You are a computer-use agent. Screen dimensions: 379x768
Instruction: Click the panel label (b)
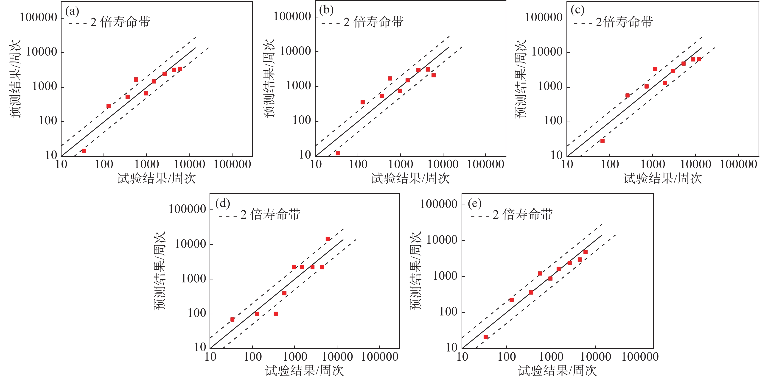[326, 10]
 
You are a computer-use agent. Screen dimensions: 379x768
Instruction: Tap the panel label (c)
[577, 10]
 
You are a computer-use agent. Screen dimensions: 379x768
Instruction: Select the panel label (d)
[223, 203]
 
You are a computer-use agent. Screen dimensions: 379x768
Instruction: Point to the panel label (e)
[475, 203]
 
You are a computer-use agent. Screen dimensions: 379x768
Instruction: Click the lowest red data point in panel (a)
[84, 151]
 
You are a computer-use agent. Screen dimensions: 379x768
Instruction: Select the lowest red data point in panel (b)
[338, 153]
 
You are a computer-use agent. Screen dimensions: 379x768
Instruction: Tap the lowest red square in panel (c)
[603, 141]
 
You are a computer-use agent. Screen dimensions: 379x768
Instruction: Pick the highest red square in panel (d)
[328, 239]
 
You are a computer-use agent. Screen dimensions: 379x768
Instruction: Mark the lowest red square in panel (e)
[486, 337]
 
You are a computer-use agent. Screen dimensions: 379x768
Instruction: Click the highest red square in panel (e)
[586, 252]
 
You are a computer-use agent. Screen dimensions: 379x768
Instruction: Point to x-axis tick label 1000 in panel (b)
[400, 164]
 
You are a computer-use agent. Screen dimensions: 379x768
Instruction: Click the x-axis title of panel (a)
[157, 178]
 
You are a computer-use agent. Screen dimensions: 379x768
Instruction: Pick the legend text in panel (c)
[624, 22]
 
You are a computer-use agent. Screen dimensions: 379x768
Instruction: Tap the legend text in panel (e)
[523, 215]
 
